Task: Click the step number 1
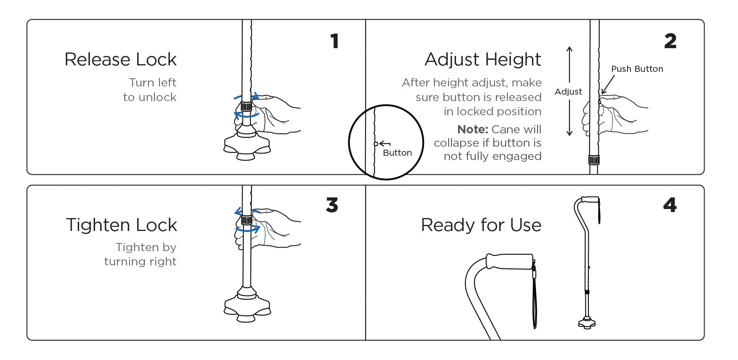[x=335, y=41]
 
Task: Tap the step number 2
[x=670, y=41]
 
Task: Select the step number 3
[x=332, y=205]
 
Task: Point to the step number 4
[x=670, y=205]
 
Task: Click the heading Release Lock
[x=120, y=59]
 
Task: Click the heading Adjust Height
[x=483, y=59]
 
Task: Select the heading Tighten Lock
[x=121, y=225]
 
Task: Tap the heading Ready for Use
[x=481, y=225]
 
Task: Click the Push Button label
[x=637, y=69]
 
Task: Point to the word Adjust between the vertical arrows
[x=568, y=92]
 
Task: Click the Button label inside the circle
[x=397, y=153]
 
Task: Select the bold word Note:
[x=472, y=129]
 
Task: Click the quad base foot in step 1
[x=247, y=146]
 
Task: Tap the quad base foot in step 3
[x=247, y=308]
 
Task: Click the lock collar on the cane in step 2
[x=594, y=160]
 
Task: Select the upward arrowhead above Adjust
[x=569, y=49]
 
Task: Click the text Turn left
[x=153, y=83]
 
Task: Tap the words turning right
[x=140, y=262]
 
